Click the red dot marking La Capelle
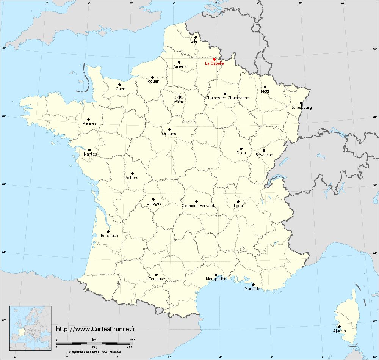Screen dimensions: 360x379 [214, 59]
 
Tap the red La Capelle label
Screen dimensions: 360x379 [214, 64]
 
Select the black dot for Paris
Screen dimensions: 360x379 [180, 97]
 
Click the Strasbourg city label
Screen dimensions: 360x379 [302, 107]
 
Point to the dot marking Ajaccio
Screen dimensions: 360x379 [339, 327]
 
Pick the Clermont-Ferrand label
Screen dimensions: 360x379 [198, 206]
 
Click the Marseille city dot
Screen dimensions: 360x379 [253, 285]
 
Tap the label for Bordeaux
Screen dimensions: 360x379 [110, 236]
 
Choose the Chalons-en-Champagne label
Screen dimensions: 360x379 [227, 98]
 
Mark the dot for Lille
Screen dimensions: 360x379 [196, 37]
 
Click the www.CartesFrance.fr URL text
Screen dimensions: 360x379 [96, 329]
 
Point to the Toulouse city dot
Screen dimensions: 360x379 [156, 275]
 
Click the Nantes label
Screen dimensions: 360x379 [91, 154]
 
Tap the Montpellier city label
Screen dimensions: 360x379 [215, 279]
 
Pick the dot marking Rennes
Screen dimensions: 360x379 [89, 119]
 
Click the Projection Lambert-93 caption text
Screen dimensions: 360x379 [95, 352]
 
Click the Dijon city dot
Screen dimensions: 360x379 [241, 149]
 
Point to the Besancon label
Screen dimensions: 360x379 [264, 155]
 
